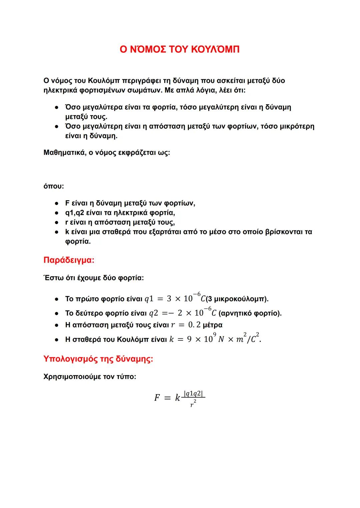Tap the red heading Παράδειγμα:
[69, 260]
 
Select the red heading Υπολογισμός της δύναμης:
[98, 359]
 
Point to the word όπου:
[53, 186]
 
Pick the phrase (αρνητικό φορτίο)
[250, 313]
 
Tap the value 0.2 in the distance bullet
[194, 325]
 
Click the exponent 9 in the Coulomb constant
[214, 334]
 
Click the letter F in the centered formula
[157, 398]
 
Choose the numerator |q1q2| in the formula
[194, 394]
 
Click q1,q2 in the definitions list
[74, 213]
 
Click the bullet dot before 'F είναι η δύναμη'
[57, 203]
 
